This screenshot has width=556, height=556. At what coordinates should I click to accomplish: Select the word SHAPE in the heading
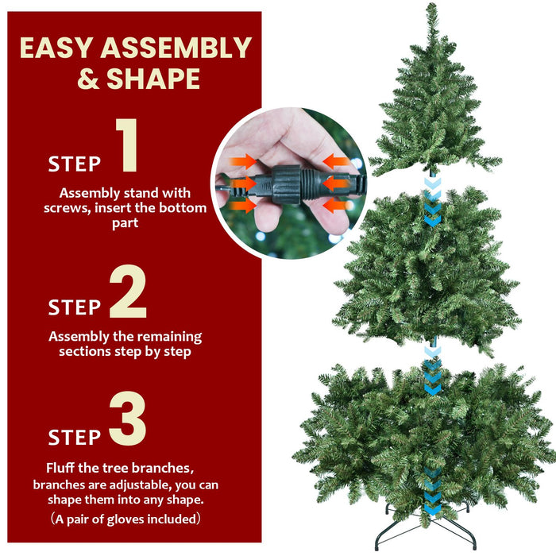[x=155, y=79]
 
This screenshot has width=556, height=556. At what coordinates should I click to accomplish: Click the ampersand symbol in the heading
[x=90, y=79]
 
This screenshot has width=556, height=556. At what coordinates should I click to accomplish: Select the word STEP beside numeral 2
[x=75, y=307]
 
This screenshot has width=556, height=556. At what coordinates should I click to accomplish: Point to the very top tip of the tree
[x=431, y=6]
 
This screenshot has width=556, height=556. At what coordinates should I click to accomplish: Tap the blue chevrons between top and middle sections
[x=431, y=202]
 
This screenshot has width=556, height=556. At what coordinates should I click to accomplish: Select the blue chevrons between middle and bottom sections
[x=432, y=370]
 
